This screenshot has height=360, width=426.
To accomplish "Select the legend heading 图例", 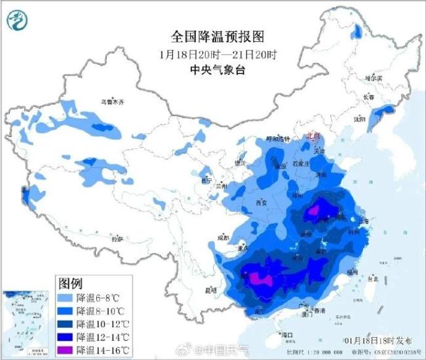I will click(x=70, y=284).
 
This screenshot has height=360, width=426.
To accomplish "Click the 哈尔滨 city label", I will click(x=373, y=77).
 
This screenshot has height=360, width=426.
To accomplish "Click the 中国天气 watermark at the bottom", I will click(x=225, y=350).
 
